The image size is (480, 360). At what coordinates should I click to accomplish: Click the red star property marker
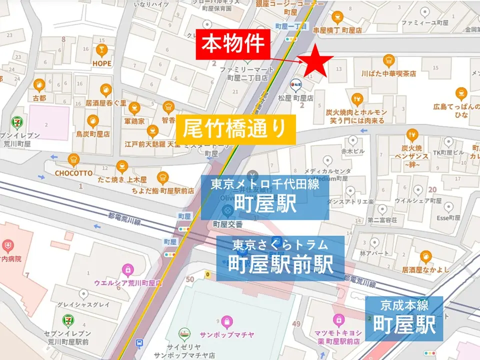pyautogui.click(x=315, y=61)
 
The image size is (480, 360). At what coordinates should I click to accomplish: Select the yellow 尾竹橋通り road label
pyautogui.click(x=235, y=129)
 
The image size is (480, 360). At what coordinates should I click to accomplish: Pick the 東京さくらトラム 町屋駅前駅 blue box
pyautogui.click(x=280, y=258)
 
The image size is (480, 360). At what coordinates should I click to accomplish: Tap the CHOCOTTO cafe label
pyautogui.click(x=74, y=173)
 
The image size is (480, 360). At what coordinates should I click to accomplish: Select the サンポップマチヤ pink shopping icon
pyautogui.click(x=227, y=320)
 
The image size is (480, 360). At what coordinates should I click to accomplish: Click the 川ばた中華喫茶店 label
pyautogui.click(x=388, y=73)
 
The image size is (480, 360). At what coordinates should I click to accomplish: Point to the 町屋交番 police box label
pyautogui.click(x=227, y=223)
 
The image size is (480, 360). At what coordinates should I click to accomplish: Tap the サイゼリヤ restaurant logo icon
pyautogui.click(x=185, y=333)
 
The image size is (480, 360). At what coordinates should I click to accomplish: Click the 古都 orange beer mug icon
pyautogui.click(x=39, y=85)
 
